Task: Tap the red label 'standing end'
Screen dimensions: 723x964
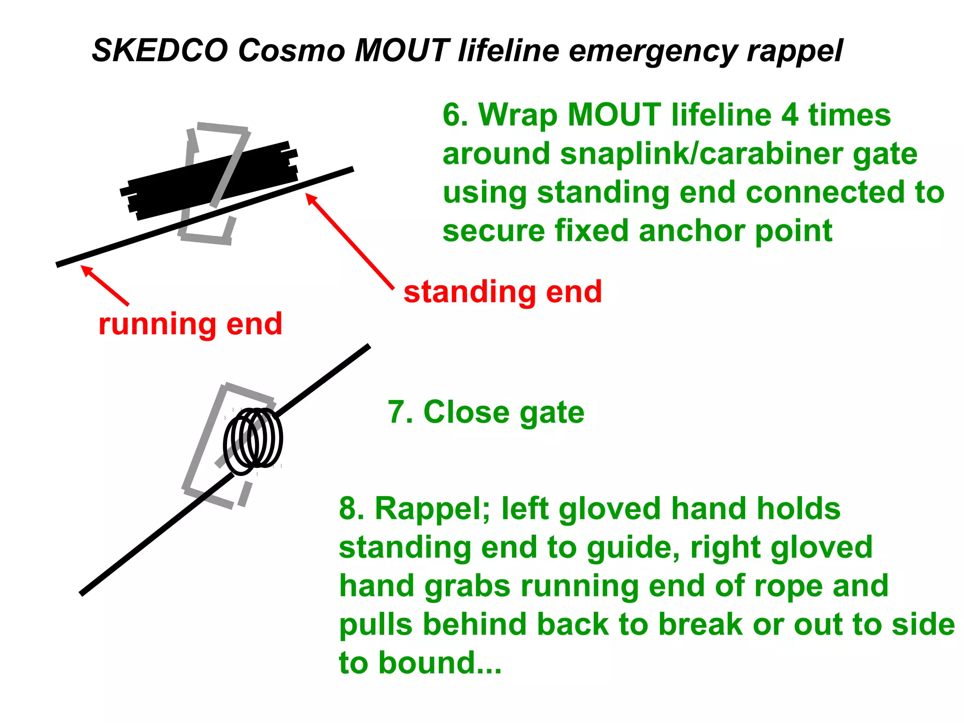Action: tap(503, 292)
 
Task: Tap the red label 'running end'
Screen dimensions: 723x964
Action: tap(190, 324)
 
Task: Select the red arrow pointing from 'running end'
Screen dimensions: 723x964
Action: tap(105, 285)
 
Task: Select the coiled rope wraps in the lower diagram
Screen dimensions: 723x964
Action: tap(253, 440)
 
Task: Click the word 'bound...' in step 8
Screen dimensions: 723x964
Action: tap(440, 663)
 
